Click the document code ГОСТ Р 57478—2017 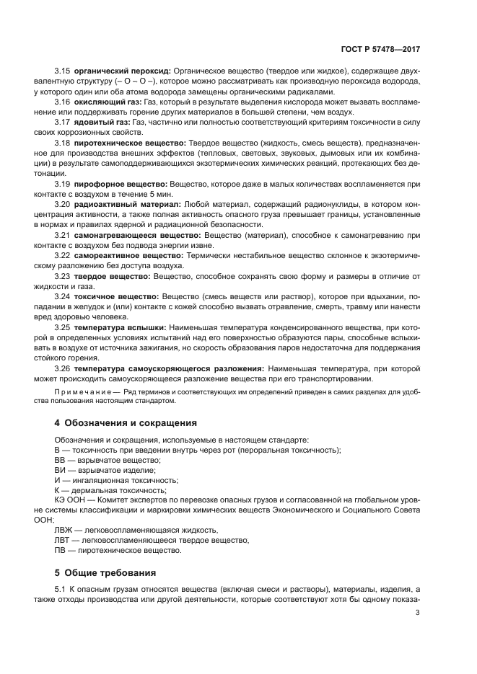[380, 51]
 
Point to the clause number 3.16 [63, 102]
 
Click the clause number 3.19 [63, 185]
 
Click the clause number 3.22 [63, 256]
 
